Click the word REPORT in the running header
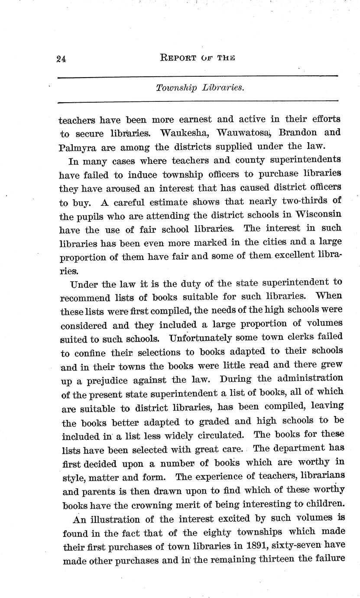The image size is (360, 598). tap(173, 58)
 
